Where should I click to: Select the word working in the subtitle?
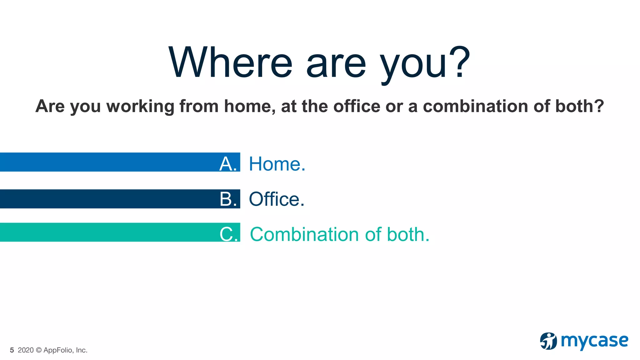click(140, 107)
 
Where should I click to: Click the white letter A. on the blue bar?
click(228, 164)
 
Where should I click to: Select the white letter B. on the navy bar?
click(228, 199)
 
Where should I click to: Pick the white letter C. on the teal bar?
click(228, 234)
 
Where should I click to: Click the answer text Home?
click(277, 164)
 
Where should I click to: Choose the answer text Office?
click(277, 199)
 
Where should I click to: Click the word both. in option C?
click(408, 234)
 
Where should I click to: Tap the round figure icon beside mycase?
click(548, 341)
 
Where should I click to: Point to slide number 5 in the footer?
click(12, 350)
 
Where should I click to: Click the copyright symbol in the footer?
click(38, 350)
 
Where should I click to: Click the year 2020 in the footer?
click(26, 350)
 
